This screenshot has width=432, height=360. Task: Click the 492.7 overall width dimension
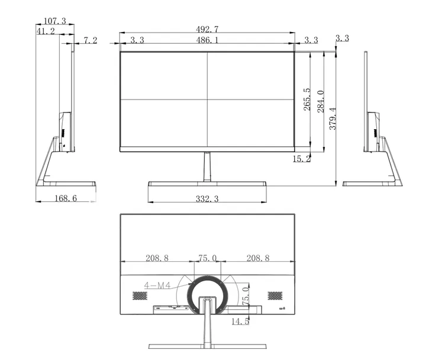tap(207, 29)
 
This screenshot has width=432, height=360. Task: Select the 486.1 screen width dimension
tap(207, 40)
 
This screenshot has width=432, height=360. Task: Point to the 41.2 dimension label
tap(46, 31)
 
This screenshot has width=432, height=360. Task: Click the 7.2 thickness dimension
tap(90, 40)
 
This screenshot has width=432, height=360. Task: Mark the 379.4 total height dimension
tap(333, 118)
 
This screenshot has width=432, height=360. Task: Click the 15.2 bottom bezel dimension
tap(301, 159)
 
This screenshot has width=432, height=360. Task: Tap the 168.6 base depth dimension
tap(65, 198)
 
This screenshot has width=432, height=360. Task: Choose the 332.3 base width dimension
tap(207, 200)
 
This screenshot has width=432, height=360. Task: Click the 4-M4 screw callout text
tap(157, 285)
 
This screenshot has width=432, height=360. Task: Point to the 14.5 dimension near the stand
tap(240, 322)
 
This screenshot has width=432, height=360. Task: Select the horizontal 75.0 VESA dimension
tap(207, 258)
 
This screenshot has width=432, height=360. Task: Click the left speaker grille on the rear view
tap(138, 295)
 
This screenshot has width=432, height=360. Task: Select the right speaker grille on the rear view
tap(275, 295)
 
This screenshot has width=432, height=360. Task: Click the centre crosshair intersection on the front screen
tap(207, 99)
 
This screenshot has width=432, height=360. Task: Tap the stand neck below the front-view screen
tap(207, 166)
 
